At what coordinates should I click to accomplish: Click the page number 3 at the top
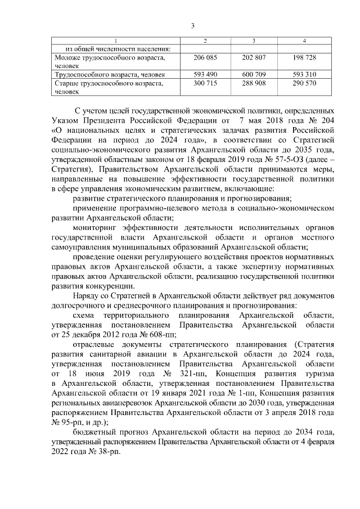pyautogui.click(x=192, y=25)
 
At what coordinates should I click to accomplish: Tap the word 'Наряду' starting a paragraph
pyautogui.click(x=86, y=296)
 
